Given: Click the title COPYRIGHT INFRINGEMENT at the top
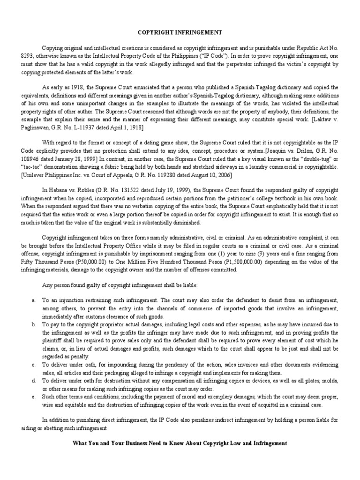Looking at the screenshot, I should [x=180, y=32].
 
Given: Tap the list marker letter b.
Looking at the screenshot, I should [x=33, y=324].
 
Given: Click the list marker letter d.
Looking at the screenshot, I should [x=33, y=382].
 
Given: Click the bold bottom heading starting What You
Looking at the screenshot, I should [x=180, y=442].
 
